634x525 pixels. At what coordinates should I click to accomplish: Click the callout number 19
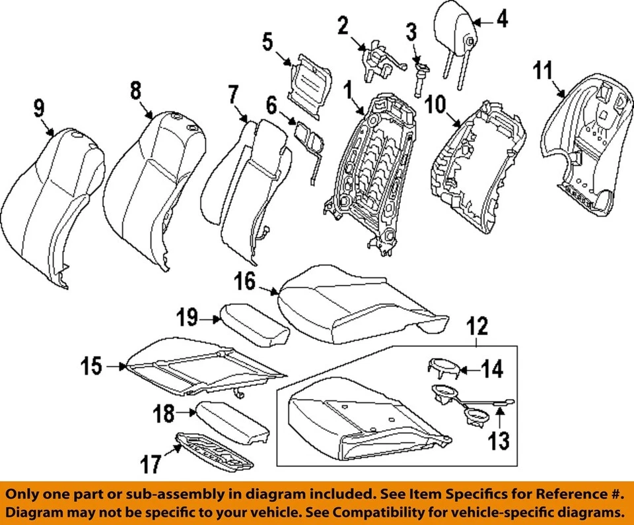[x=188, y=319]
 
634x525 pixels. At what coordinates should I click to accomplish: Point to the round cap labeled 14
[x=441, y=369]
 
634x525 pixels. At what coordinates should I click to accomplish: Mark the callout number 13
[x=499, y=441]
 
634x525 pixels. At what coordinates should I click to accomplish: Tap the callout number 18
[x=163, y=414]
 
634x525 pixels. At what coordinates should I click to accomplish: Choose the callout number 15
[x=92, y=365]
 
